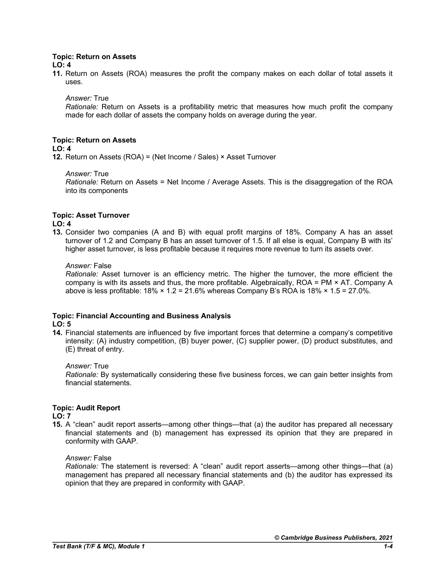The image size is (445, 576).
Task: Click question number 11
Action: click(58, 74)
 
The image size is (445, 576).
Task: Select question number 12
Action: click(58, 157)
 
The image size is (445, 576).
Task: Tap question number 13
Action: click(58, 232)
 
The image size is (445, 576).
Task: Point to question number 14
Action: click(58, 333)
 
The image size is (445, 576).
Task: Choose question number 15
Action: click(58, 425)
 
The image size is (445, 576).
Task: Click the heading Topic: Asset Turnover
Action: click(91, 215)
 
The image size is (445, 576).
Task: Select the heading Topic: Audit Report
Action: click(86, 408)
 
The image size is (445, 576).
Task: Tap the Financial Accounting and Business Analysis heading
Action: click(141, 316)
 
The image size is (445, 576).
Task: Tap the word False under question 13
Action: click(102, 266)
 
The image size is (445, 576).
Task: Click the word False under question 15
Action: click(102, 458)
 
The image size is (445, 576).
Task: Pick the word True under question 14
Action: click(101, 366)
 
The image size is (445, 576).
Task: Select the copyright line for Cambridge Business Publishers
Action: click(334, 537)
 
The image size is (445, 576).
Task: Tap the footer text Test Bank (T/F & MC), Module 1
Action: click(98, 546)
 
